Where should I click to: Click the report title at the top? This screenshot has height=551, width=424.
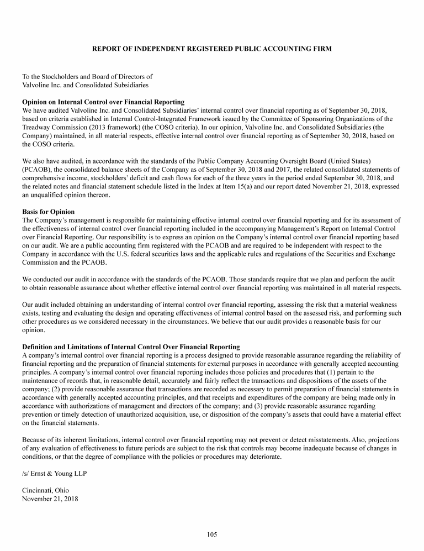click(x=212, y=49)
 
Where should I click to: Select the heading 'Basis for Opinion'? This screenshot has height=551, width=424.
click(x=48, y=212)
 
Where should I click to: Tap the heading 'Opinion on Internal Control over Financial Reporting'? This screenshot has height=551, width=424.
click(x=103, y=102)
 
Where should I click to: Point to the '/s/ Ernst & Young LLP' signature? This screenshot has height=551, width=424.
click(x=54, y=474)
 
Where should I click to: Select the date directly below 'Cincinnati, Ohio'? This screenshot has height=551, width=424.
click(x=50, y=499)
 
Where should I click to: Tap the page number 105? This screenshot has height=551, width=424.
click(x=212, y=534)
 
